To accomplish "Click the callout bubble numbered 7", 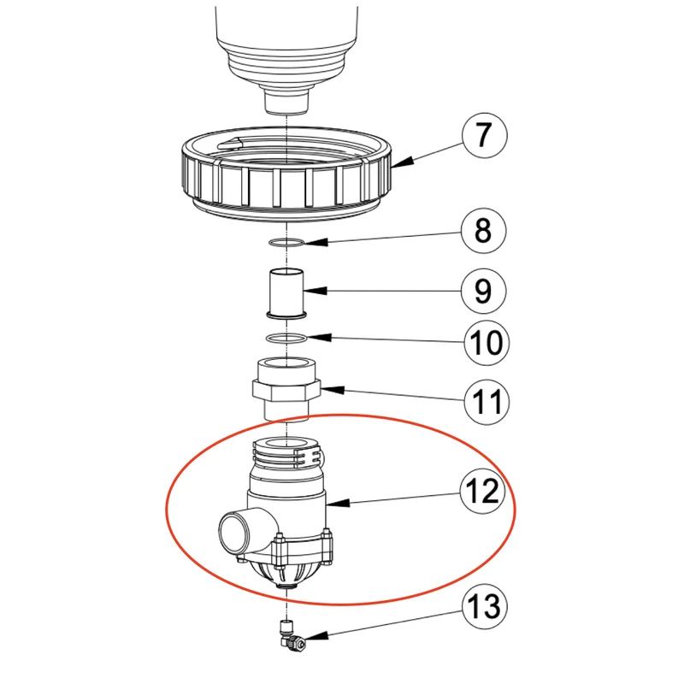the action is pos(484,135).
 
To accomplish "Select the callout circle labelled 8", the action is pos(484,231).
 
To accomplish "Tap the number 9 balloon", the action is pos(484,291).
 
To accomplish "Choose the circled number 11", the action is pos(486,401).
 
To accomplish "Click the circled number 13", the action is pos(485,606).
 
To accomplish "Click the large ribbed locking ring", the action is pos(286,174).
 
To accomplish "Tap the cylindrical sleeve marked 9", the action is pos(286,293).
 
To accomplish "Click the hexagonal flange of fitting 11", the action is pos(286,389).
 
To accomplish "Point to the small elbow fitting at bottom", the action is pos(289,635).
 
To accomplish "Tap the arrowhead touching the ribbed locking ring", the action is pos(402,162).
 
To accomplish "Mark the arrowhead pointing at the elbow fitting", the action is pos(316,637).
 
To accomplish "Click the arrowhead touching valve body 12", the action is pos(338,503).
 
